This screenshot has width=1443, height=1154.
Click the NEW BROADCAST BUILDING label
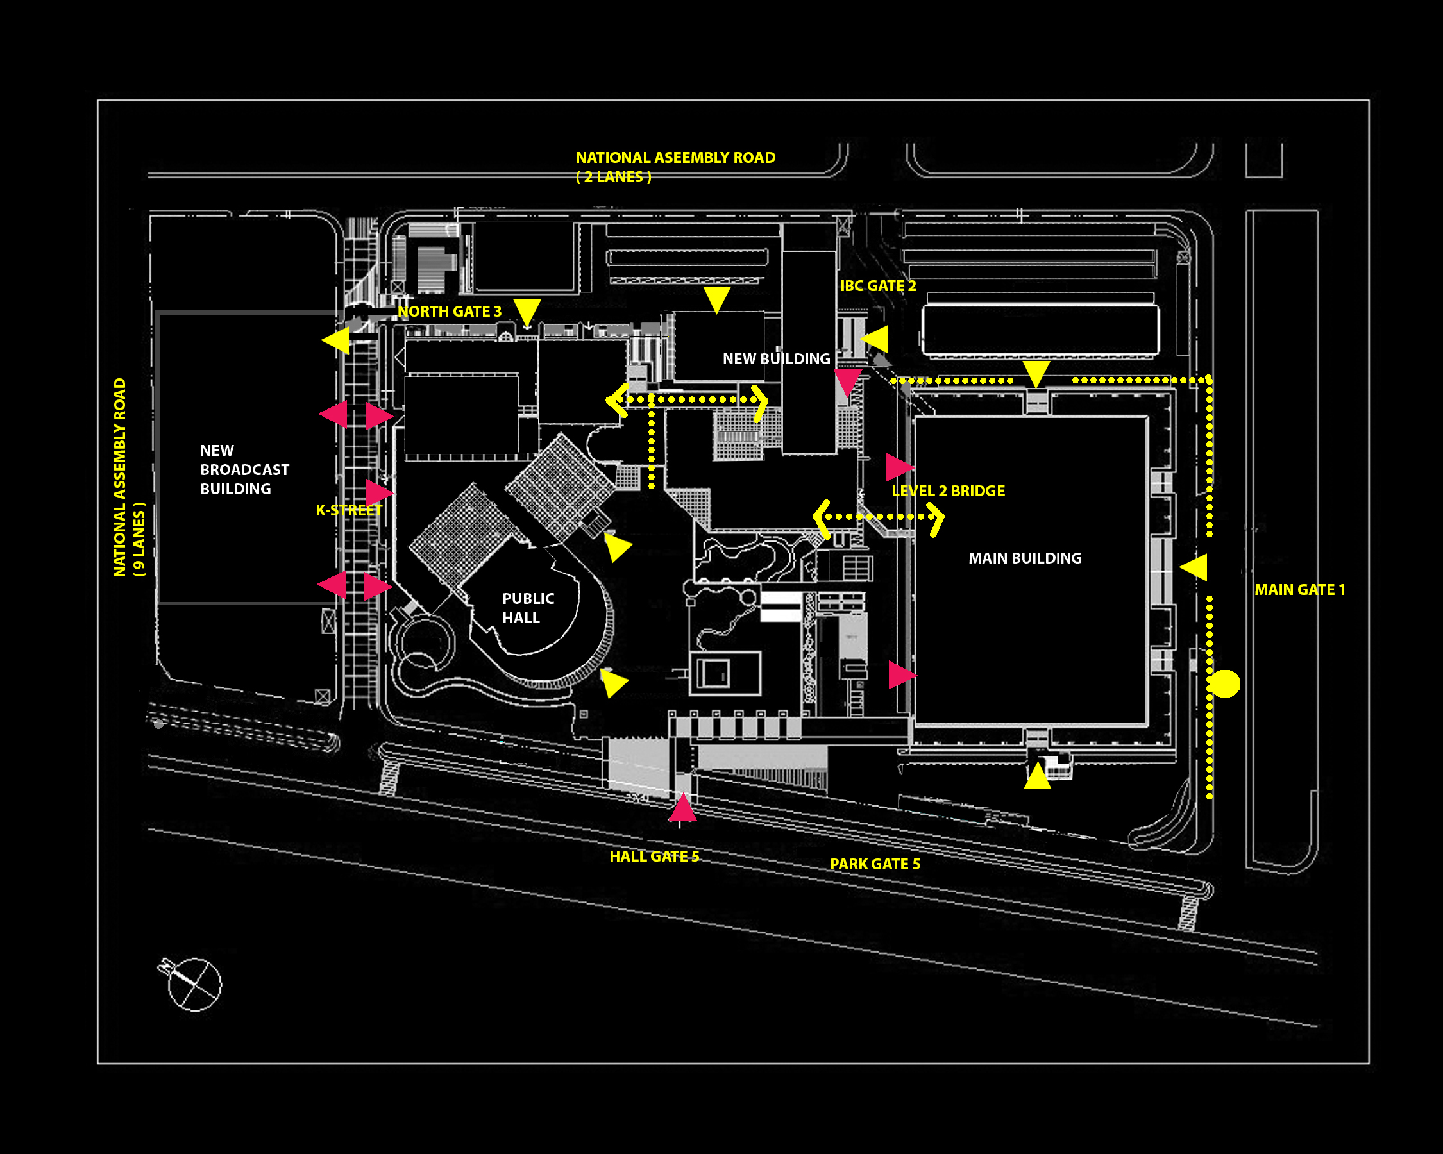point(244,470)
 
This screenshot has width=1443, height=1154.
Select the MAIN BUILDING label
point(1025,558)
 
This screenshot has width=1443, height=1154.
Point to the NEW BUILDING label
point(777,358)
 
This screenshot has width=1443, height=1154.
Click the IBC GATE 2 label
point(878,286)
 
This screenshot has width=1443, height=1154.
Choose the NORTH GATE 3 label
point(449,311)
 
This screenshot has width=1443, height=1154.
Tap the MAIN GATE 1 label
point(1299,589)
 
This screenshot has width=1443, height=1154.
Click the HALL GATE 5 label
point(654,857)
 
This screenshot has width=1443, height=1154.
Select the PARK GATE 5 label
point(875,864)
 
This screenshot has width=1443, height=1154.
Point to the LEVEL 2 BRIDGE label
point(948,490)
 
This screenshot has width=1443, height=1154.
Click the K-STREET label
point(349,510)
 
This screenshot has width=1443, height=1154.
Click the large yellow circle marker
point(1225,683)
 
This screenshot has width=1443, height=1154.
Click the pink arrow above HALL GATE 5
point(682,808)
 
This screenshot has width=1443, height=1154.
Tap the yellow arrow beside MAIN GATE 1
point(1195,567)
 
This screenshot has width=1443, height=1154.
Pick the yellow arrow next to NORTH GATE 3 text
point(527,312)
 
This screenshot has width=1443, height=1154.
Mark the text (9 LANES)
point(139,539)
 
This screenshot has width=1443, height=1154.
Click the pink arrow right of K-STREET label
point(379,492)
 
